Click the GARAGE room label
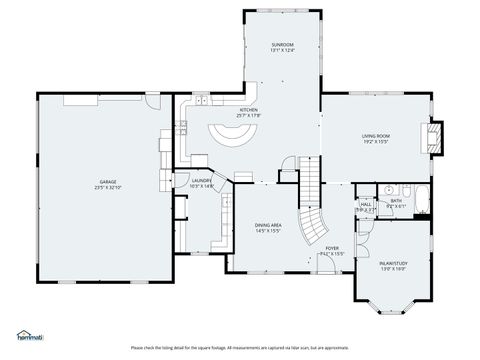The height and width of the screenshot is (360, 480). (x=105, y=181)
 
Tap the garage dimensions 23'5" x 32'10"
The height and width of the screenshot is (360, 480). (x=105, y=187)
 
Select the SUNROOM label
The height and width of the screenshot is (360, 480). (x=283, y=45)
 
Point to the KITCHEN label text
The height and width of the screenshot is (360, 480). (x=248, y=111)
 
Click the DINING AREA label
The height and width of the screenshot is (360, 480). (x=267, y=226)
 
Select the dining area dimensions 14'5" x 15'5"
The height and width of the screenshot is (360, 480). (x=267, y=232)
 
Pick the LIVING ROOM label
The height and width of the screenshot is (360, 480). (x=375, y=135)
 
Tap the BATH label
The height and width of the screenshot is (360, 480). (x=396, y=200)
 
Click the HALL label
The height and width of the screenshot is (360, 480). (x=366, y=205)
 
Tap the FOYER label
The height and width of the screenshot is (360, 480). (x=331, y=247)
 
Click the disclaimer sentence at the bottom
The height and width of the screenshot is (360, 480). (x=240, y=347)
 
